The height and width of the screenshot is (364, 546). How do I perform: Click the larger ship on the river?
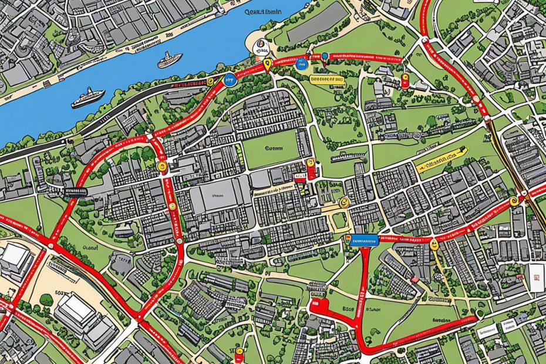point(87,98)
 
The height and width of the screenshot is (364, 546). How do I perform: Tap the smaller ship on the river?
point(170,59)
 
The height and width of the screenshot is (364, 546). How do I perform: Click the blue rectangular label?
point(363,239)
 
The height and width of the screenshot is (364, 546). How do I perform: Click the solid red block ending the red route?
point(318,305)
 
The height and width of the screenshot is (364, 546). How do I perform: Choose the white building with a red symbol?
point(536,276)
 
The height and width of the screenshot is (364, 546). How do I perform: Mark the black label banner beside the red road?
point(69,192)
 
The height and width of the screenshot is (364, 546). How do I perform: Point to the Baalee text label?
point(441,321)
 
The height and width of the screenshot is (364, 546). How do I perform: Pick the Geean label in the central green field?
point(274,149)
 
